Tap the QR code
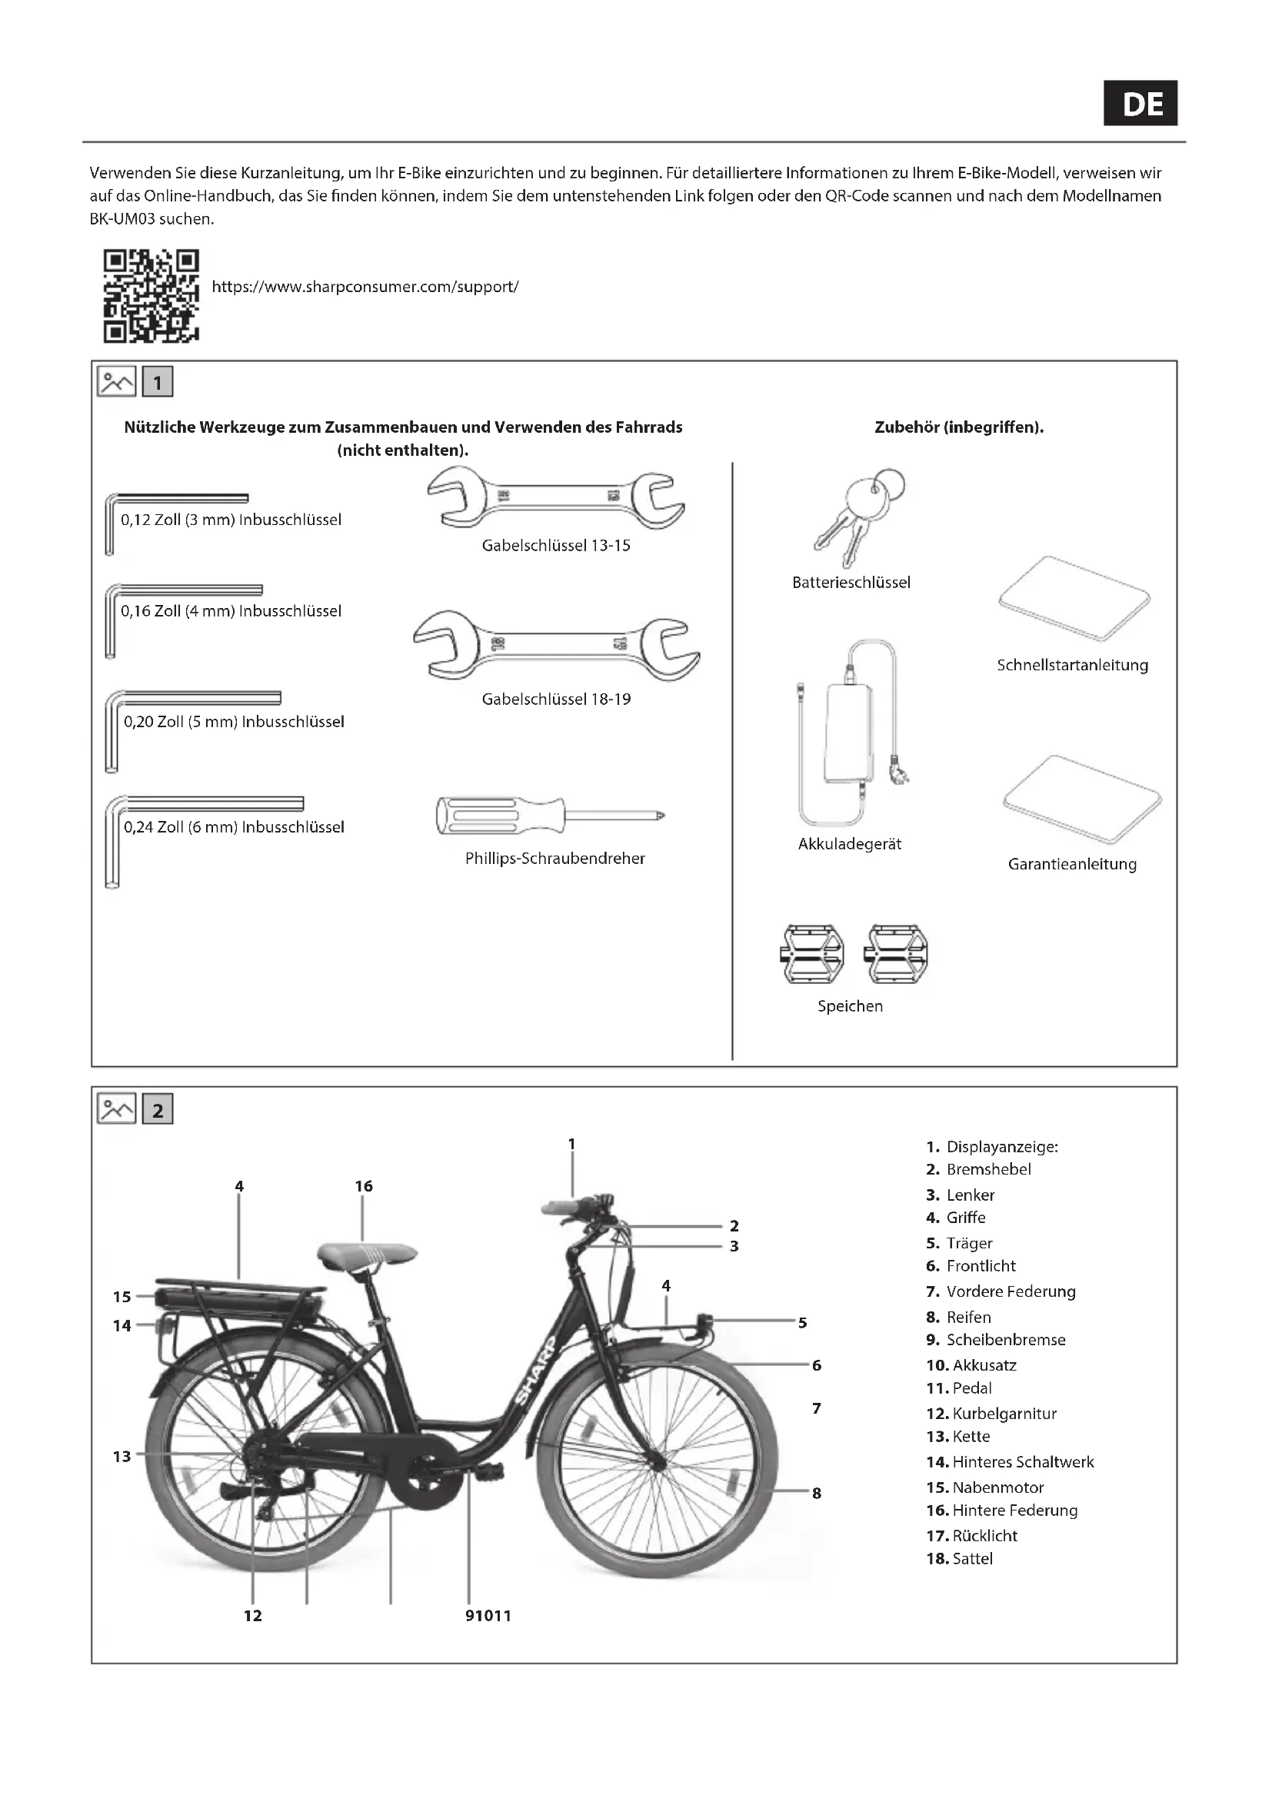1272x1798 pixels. pos(152,296)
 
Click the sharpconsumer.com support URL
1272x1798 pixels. pos(365,287)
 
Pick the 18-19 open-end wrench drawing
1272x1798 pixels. pos(556,645)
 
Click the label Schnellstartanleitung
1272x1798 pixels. pos(1072,666)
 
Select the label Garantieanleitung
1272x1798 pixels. pos(1071,865)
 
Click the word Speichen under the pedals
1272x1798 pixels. pos(850,1006)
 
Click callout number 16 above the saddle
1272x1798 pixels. pos(364,1186)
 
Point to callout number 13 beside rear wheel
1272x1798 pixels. pos(122,1457)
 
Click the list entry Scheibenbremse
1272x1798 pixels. pos(1006,1340)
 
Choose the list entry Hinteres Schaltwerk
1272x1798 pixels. pos(1022,1462)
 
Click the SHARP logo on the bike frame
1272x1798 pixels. pos(537,1370)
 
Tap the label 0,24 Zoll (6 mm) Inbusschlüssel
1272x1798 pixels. pos(234,827)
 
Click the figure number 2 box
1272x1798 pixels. pos(158,1111)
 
